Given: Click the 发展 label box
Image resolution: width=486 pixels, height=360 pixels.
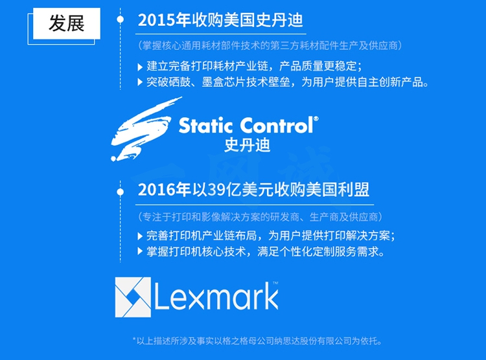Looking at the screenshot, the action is click(66, 23).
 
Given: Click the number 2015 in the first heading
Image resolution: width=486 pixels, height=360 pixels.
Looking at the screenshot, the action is click(157, 21).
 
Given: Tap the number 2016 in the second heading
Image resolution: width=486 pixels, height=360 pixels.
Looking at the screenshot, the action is click(157, 190).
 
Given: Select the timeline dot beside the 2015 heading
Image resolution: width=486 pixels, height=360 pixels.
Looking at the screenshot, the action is click(121, 19).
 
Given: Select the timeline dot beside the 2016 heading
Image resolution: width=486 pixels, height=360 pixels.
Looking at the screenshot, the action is click(121, 192).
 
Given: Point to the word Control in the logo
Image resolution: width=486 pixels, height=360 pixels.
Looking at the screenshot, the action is click(277, 126).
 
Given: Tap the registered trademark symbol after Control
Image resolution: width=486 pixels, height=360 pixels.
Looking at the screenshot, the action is click(316, 118).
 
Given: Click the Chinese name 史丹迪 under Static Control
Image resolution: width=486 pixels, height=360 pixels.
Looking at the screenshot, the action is click(248, 145).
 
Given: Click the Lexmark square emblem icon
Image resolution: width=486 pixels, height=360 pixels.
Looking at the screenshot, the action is click(133, 297).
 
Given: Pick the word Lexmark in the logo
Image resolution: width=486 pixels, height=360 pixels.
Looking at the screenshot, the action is click(216, 297).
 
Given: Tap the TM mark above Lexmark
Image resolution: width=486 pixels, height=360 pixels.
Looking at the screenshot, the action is click(275, 283).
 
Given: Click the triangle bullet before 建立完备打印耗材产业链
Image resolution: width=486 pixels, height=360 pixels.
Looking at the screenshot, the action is click(140, 67).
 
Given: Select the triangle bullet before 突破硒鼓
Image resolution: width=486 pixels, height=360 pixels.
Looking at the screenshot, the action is click(140, 82).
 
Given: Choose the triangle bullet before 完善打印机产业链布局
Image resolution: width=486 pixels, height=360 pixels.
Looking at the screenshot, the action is click(140, 236).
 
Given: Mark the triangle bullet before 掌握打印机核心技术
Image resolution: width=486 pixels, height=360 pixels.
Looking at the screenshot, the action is click(140, 251).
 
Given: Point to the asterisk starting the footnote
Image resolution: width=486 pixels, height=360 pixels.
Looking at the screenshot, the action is click(134, 340).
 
